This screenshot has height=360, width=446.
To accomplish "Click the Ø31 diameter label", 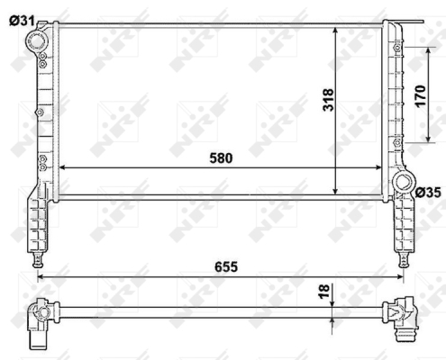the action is click(x=22, y=21).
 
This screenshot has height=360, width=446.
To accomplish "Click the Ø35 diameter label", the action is click(x=428, y=193).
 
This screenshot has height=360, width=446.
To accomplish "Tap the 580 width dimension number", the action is click(x=221, y=158).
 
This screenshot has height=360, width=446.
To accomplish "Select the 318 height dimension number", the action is click(x=328, y=100).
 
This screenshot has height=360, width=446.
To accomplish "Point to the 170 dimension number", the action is click(x=420, y=96).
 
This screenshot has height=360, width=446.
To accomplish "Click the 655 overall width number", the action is click(x=226, y=266).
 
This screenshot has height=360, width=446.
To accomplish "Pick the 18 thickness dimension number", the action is click(x=323, y=292).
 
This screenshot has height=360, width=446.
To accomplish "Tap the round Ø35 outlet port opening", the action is click(x=404, y=182).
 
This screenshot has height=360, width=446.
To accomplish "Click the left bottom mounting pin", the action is click(x=38, y=260).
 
